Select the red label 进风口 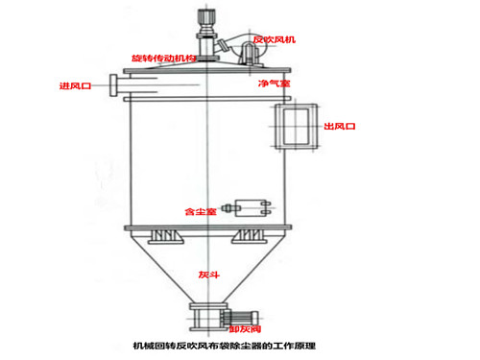(75, 86)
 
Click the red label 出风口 (340, 126)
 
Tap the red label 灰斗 (208, 275)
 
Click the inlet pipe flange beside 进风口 (114, 86)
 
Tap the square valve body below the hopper (204, 316)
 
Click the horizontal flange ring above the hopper (205, 227)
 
